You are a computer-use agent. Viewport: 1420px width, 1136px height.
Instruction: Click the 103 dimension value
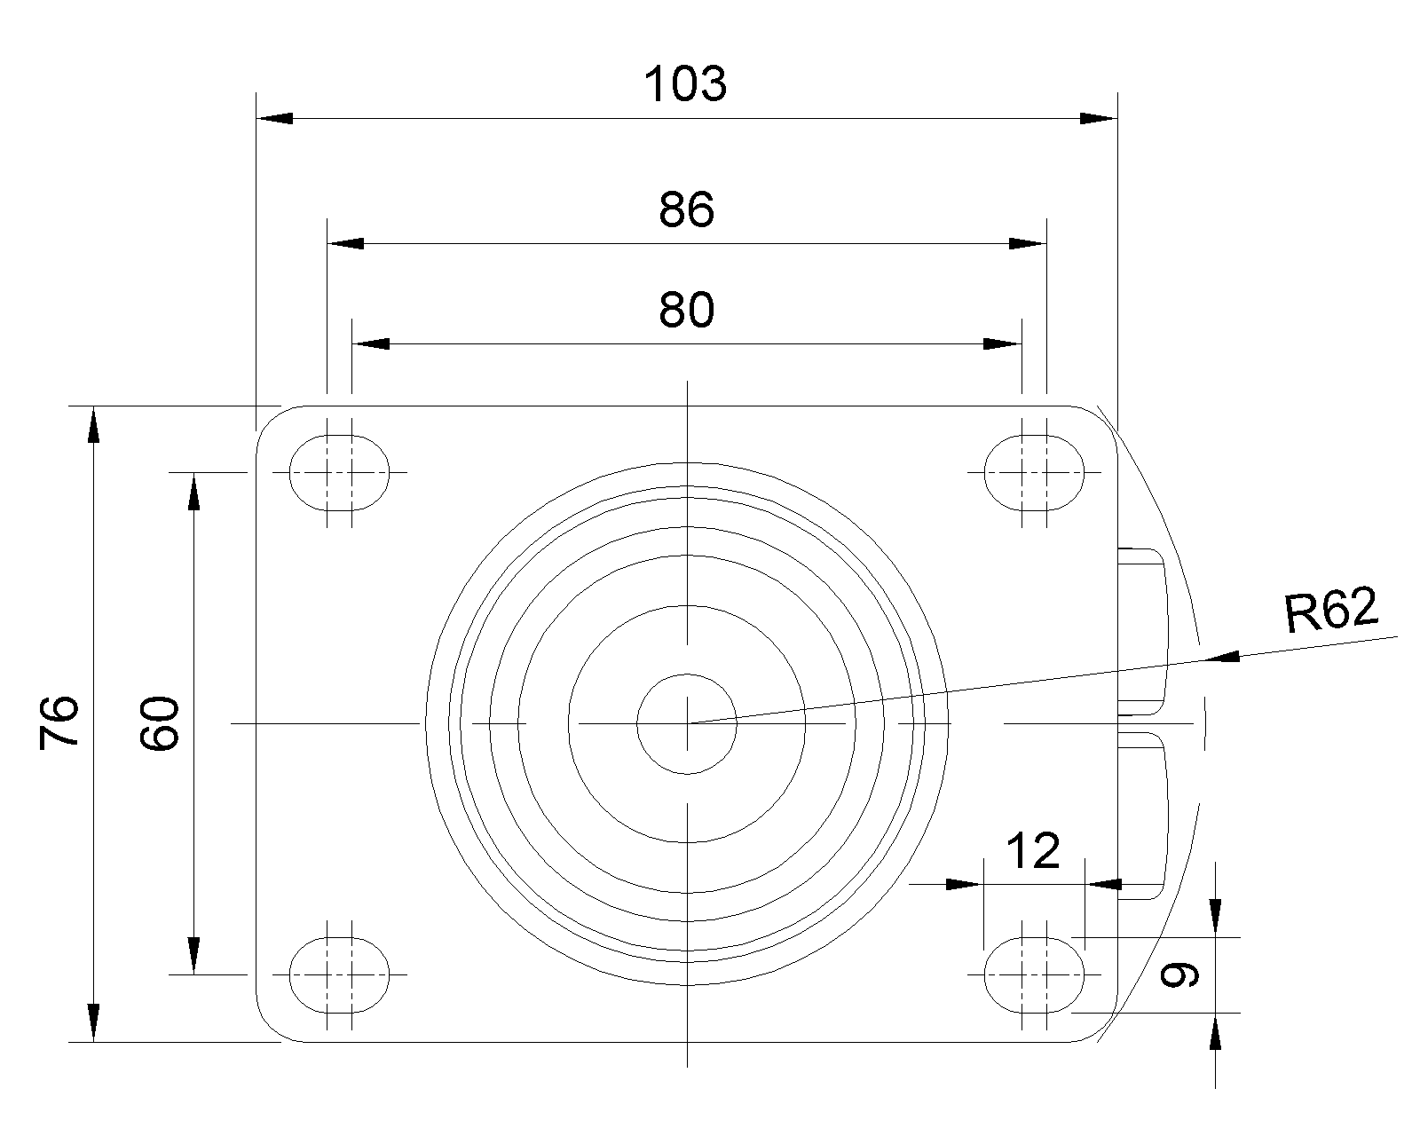[685, 84]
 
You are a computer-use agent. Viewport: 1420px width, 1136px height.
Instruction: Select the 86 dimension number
[686, 210]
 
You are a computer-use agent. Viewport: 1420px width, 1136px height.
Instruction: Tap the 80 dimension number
[686, 311]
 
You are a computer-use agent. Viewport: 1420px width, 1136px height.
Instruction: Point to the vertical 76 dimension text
[59, 722]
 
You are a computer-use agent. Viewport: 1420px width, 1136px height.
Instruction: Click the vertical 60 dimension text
[159, 722]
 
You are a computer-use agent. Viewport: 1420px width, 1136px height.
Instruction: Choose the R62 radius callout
[1331, 610]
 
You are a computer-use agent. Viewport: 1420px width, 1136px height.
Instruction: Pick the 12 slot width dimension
[1033, 851]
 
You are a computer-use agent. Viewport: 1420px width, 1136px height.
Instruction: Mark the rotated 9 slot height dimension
[1179, 975]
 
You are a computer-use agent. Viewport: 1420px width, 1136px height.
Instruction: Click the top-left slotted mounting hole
[339, 473]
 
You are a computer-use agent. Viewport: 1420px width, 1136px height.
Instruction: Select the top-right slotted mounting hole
[1034, 473]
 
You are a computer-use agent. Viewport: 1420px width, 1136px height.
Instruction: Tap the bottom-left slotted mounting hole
[339, 974]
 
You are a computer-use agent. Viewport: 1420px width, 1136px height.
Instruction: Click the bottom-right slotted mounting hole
[1034, 974]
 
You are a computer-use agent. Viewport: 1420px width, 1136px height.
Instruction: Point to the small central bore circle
[687, 723]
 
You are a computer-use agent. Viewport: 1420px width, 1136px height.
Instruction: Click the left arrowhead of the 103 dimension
[274, 119]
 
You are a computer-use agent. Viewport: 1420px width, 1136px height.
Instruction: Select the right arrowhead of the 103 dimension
[1100, 119]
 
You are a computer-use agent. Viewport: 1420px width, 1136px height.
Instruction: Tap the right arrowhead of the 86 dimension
[1028, 243]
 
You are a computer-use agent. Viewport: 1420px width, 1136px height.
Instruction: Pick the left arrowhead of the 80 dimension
[370, 343]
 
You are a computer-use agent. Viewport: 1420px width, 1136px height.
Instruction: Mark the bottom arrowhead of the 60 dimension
[193, 956]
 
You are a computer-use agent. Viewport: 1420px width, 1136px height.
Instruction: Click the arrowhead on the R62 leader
[1221, 657]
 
